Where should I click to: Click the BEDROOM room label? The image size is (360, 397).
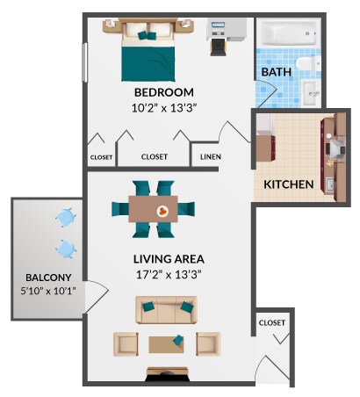163,92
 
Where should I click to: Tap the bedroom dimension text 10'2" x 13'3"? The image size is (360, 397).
163,108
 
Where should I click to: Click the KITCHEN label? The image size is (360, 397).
289,185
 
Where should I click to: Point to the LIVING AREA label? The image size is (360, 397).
169,259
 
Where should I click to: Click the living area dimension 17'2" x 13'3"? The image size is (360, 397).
169,274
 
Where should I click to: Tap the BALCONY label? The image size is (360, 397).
41,276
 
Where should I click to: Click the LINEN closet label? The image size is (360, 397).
210,158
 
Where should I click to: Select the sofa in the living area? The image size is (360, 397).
166,309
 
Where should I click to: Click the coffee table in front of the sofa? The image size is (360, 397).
167,343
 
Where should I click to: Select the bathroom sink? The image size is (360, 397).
312,90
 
